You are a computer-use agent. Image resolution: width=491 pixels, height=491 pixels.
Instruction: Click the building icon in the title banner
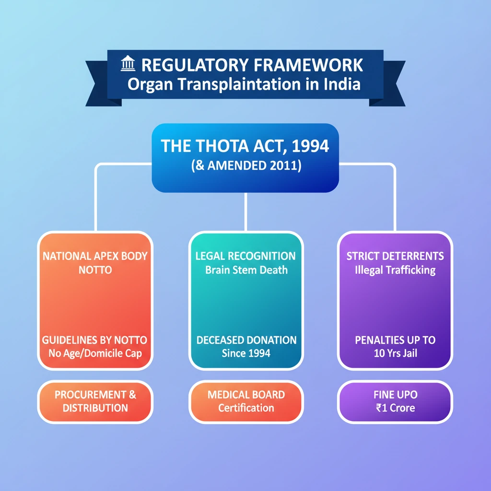(x=129, y=64)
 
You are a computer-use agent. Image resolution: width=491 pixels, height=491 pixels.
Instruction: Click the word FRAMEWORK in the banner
(x=308, y=65)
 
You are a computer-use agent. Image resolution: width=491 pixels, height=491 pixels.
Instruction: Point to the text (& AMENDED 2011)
(x=245, y=166)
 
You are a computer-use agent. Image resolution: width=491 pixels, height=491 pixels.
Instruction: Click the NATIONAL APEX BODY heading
(x=94, y=256)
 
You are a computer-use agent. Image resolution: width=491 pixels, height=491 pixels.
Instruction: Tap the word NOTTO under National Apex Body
(x=95, y=270)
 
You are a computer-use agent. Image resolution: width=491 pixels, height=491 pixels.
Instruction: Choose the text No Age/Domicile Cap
(x=94, y=354)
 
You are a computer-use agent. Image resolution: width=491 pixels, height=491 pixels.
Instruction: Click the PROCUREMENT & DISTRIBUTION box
(x=95, y=401)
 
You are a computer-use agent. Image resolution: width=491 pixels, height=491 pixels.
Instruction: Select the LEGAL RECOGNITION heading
(x=245, y=256)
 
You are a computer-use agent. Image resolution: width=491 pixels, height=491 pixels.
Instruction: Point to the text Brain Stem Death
(x=246, y=270)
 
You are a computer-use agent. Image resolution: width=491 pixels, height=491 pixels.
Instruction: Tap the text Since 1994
(x=246, y=354)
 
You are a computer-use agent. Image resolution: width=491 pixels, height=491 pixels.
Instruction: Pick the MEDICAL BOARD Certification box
(x=246, y=401)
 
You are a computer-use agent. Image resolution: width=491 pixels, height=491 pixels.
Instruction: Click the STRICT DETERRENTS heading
(x=395, y=256)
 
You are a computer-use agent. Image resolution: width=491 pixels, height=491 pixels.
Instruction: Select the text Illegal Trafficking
(x=395, y=270)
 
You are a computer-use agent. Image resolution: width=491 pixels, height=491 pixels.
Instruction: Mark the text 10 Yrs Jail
(x=395, y=354)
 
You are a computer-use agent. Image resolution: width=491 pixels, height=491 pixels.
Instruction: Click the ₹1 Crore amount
(x=395, y=409)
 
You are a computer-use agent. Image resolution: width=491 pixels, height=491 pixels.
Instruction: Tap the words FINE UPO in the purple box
(x=395, y=395)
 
